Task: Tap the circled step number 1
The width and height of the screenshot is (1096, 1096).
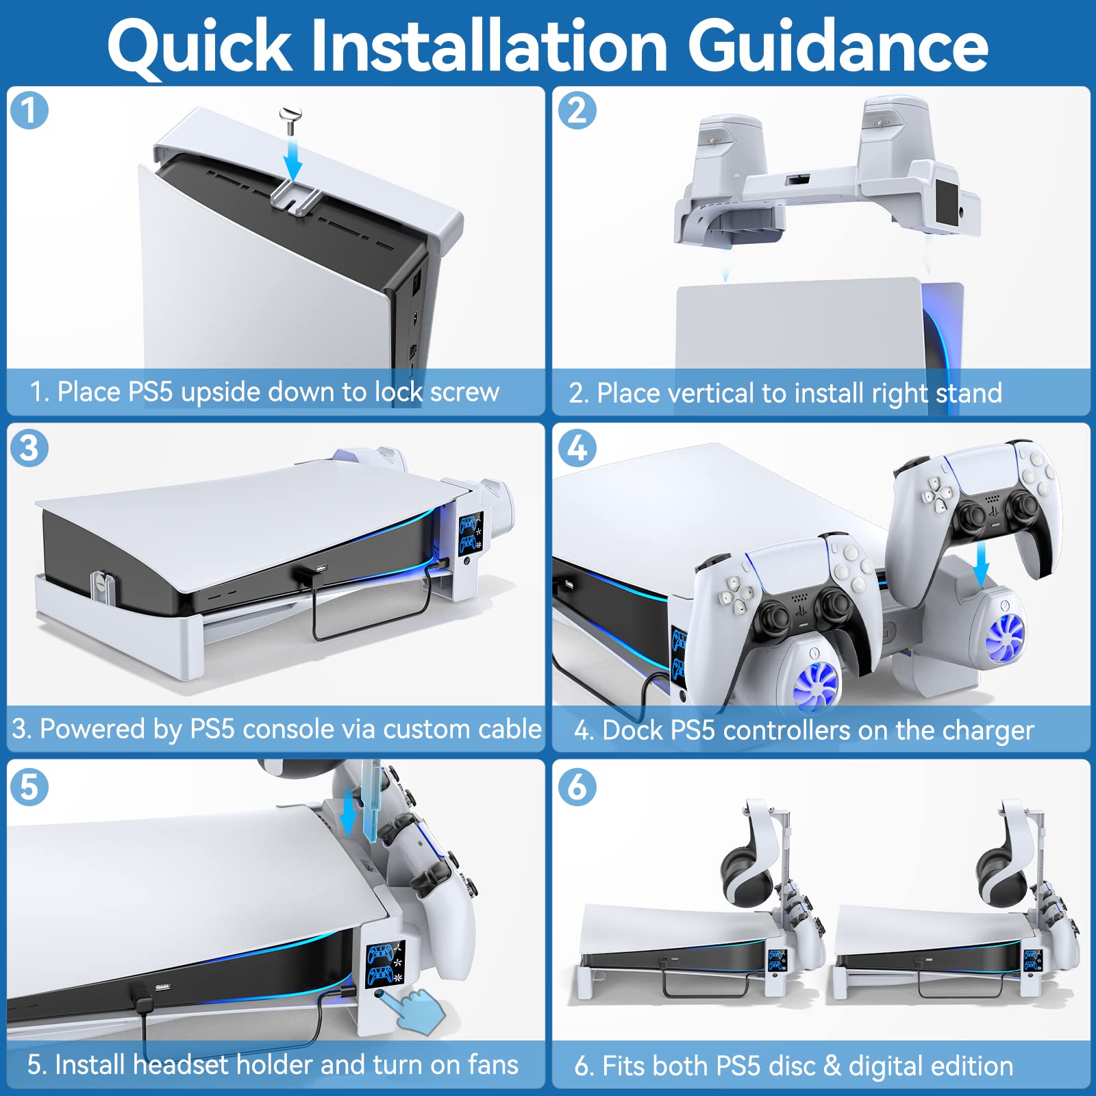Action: pos(29,111)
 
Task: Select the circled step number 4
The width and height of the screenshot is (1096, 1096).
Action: pos(577,449)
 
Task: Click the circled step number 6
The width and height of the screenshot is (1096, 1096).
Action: pos(577,786)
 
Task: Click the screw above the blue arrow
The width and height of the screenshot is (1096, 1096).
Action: pos(291,121)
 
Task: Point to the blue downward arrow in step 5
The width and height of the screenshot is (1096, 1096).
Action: pos(349,812)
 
